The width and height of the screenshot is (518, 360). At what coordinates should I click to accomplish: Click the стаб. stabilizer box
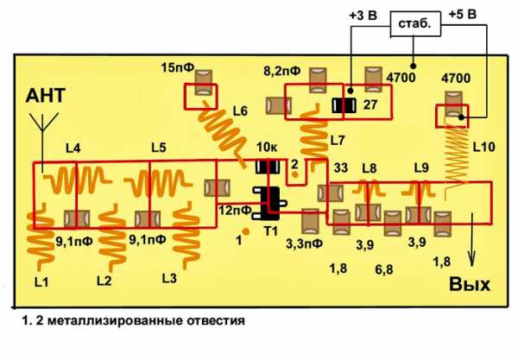[x=415, y=24]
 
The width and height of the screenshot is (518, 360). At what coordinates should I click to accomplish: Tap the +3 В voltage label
[x=363, y=16]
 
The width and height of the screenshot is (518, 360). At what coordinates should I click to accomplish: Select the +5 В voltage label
[x=463, y=15]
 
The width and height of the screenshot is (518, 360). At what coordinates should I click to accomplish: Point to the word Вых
[x=470, y=284]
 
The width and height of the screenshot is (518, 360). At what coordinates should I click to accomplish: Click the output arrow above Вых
[x=471, y=240]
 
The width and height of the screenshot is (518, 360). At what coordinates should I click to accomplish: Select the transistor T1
[x=269, y=204]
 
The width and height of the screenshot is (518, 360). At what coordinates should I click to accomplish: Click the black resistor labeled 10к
[x=268, y=167]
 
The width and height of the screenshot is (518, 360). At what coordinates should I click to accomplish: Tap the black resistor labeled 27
[x=344, y=105]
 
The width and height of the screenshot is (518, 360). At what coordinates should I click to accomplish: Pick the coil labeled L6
[x=223, y=132]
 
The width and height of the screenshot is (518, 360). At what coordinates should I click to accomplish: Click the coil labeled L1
[x=41, y=237]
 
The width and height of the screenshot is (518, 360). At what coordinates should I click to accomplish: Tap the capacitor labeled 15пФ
[x=203, y=83]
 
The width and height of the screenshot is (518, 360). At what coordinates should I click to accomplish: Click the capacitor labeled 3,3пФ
[x=310, y=221]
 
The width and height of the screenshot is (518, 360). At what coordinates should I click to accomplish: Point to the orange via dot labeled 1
[x=246, y=231]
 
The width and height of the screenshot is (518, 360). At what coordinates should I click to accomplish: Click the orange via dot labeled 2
[x=294, y=174]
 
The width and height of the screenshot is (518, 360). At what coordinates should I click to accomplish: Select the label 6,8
[x=384, y=270]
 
